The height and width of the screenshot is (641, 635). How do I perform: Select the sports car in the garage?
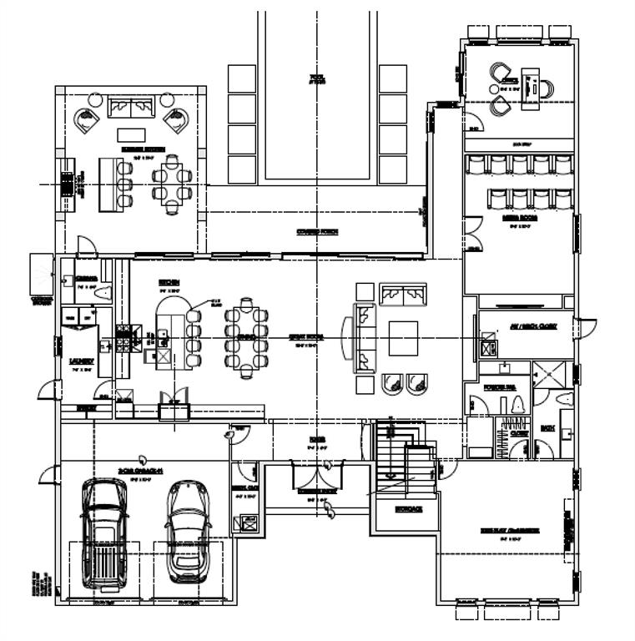(187, 531)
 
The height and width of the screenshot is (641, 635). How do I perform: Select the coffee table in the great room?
(402, 338)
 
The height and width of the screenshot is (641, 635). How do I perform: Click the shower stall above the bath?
(552, 376)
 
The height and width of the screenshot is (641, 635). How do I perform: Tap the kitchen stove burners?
(125, 339)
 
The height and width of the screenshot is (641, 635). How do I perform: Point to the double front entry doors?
(316, 477)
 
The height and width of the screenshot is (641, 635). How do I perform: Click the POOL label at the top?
(316, 80)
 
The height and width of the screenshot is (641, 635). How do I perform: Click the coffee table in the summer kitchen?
(130, 134)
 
